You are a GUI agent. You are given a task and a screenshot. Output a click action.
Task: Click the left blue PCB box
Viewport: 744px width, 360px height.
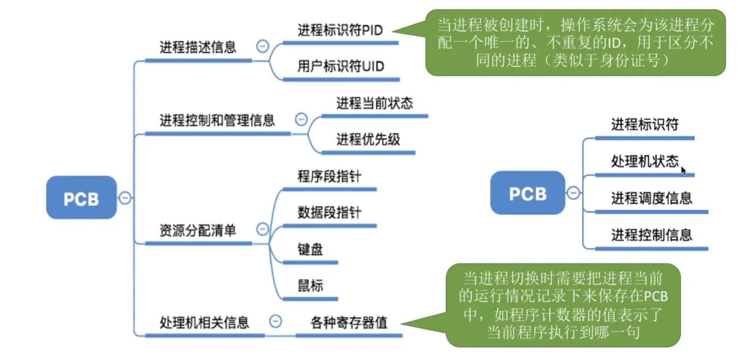pyautogui.click(x=81, y=198)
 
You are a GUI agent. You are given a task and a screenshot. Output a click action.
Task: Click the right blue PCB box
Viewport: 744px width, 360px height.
pyautogui.click(x=528, y=193)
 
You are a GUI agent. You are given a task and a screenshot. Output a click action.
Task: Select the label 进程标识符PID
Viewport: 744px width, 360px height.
pyautogui.click(x=340, y=30)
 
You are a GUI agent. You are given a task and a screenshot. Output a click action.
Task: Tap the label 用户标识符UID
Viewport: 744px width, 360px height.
pyautogui.click(x=341, y=66)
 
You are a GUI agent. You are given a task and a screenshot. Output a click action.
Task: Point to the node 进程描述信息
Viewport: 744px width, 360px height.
pyautogui.click(x=198, y=47)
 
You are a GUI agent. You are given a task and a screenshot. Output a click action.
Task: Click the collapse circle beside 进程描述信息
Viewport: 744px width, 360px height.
pyautogui.click(x=263, y=46)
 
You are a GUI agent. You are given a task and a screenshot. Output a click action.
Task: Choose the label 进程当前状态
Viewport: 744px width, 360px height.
pyautogui.click(x=375, y=103)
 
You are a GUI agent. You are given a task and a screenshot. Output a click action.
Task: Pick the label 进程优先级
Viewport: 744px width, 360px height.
pyautogui.click(x=368, y=139)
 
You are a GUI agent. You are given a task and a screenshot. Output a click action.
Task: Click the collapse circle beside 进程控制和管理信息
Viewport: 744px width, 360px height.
pyautogui.click(x=301, y=119)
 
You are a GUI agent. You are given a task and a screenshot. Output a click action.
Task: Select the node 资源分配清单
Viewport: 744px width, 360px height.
pyautogui.click(x=198, y=230)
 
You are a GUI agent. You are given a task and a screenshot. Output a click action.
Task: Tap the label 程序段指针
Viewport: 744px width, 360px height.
pyautogui.click(x=330, y=176)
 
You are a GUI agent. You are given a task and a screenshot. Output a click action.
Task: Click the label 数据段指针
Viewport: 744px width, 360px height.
pyautogui.click(x=330, y=212)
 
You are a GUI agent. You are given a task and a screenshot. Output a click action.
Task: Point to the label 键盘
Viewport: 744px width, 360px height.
pyautogui.click(x=310, y=249)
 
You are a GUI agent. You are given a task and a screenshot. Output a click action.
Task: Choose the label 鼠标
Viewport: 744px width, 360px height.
pyautogui.click(x=310, y=286)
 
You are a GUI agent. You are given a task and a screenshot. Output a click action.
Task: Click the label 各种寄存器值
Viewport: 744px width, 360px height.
pyautogui.click(x=349, y=322)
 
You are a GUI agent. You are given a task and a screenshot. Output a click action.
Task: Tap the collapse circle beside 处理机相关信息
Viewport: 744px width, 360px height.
pyautogui.click(x=275, y=321)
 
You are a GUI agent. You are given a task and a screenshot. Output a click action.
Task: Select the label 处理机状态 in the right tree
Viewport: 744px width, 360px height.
pyautogui.click(x=645, y=161)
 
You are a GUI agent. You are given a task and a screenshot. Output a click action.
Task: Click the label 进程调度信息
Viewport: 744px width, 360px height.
pyautogui.click(x=652, y=198)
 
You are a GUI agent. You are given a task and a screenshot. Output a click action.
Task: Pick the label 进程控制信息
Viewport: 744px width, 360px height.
pyautogui.click(x=652, y=235)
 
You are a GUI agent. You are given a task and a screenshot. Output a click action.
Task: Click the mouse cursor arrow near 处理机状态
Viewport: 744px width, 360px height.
pyautogui.click(x=683, y=171)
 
